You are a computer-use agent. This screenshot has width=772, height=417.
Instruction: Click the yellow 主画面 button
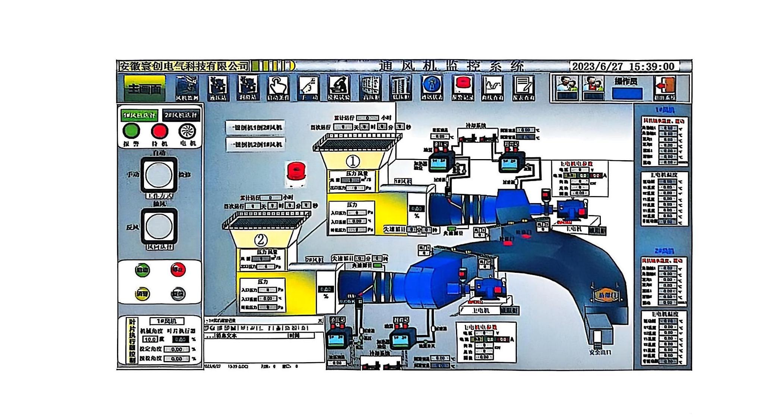click(145, 88)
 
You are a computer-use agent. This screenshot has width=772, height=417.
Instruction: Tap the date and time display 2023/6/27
click(624, 67)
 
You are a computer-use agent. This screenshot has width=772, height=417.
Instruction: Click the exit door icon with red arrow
click(665, 88)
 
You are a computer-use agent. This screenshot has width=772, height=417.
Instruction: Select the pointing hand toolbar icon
click(278, 88)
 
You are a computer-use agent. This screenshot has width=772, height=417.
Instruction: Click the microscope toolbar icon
click(339, 88)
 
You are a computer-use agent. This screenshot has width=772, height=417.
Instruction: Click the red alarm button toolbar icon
click(462, 88)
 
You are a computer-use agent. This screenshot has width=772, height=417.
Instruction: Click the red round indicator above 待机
click(159, 131)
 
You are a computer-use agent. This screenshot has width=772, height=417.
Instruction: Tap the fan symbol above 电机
click(187, 131)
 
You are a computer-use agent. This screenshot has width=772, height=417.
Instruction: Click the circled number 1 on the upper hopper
click(353, 161)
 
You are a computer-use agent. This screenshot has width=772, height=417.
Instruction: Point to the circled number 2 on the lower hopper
click(261, 240)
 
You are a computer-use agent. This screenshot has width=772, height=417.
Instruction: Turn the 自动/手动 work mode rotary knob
click(159, 175)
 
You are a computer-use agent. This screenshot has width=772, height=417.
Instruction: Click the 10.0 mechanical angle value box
click(150, 339)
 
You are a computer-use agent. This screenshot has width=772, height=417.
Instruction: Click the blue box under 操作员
click(627, 93)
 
